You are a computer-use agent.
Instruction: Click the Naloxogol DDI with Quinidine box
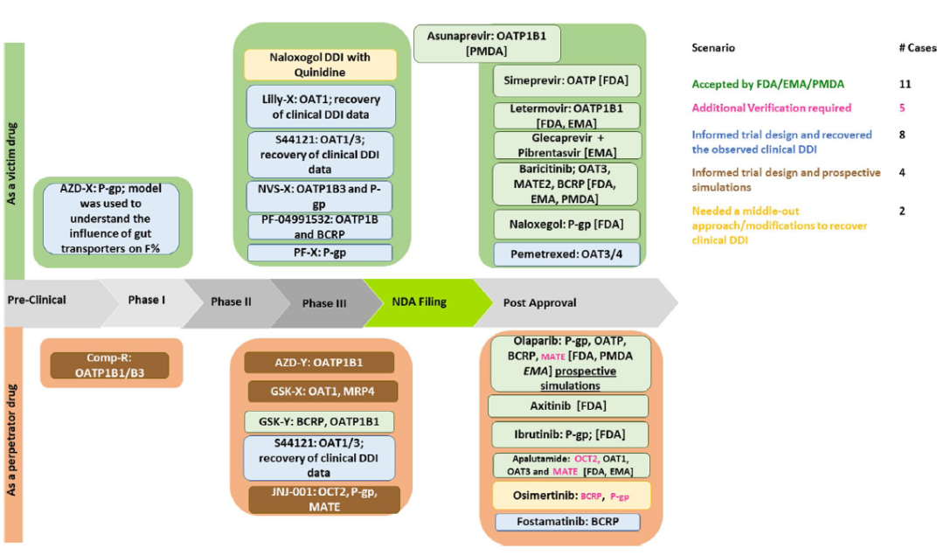pyautogui.click(x=321, y=65)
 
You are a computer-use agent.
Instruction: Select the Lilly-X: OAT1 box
pyautogui.click(x=321, y=107)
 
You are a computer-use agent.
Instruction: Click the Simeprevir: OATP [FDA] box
pyautogui.click(x=566, y=80)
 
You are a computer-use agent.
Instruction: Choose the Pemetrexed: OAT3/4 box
pyautogui.click(x=566, y=254)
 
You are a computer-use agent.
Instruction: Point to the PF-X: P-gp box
pyautogui.click(x=321, y=253)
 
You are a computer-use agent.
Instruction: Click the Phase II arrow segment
pyautogui.click(x=231, y=302)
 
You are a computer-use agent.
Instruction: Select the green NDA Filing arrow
pyautogui.click(x=418, y=302)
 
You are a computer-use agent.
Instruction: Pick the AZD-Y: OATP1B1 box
pyautogui.click(x=319, y=363)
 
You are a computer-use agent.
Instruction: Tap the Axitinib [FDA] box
pyautogui.click(x=568, y=406)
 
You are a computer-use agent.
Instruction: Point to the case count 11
pyautogui.click(x=904, y=85)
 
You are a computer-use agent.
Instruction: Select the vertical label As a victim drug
pyautogui.click(x=12, y=162)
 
